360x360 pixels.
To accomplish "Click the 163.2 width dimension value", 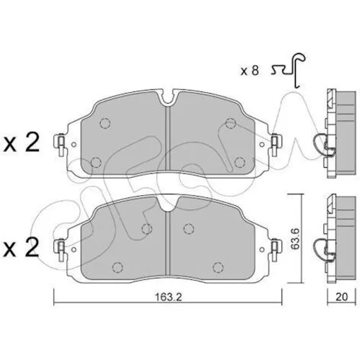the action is coord(168,297).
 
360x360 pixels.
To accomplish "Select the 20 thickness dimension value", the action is coord(341,297).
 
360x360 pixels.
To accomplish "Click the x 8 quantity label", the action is coord(250,71).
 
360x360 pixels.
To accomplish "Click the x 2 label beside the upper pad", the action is coord(21,143).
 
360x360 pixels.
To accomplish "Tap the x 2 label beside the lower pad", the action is coord(21,247).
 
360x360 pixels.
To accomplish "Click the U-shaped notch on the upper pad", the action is coord(168,99).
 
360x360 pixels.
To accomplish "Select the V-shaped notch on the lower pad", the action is coord(168,204).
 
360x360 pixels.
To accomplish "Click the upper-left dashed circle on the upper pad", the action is coord(105,123).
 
